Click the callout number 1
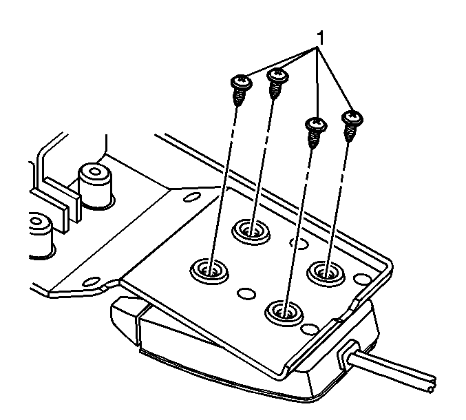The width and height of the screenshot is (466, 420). pyautogui.click(x=320, y=39)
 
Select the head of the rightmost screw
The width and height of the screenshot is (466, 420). pyautogui.click(x=352, y=117)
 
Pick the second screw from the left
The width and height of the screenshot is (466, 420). pyautogui.click(x=277, y=84)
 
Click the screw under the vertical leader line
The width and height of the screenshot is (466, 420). pyautogui.click(x=316, y=133)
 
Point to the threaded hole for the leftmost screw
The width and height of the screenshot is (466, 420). pyautogui.click(x=209, y=271)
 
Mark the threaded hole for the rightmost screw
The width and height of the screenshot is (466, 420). pyautogui.click(x=326, y=273)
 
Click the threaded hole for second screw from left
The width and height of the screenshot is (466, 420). pyautogui.click(x=251, y=231)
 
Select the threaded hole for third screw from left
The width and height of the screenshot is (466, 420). pyautogui.click(x=284, y=313)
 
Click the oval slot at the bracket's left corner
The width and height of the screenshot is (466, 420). pyautogui.click(x=92, y=281)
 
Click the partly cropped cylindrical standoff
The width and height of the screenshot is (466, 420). pyautogui.click(x=41, y=235)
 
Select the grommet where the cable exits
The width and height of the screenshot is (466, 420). pyautogui.click(x=347, y=355)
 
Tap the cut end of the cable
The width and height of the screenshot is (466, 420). pyautogui.click(x=432, y=385)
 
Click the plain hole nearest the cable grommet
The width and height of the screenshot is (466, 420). pyautogui.click(x=310, y=329)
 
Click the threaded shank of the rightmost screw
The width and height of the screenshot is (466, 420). pyautogui.click(x=349, y=133)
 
